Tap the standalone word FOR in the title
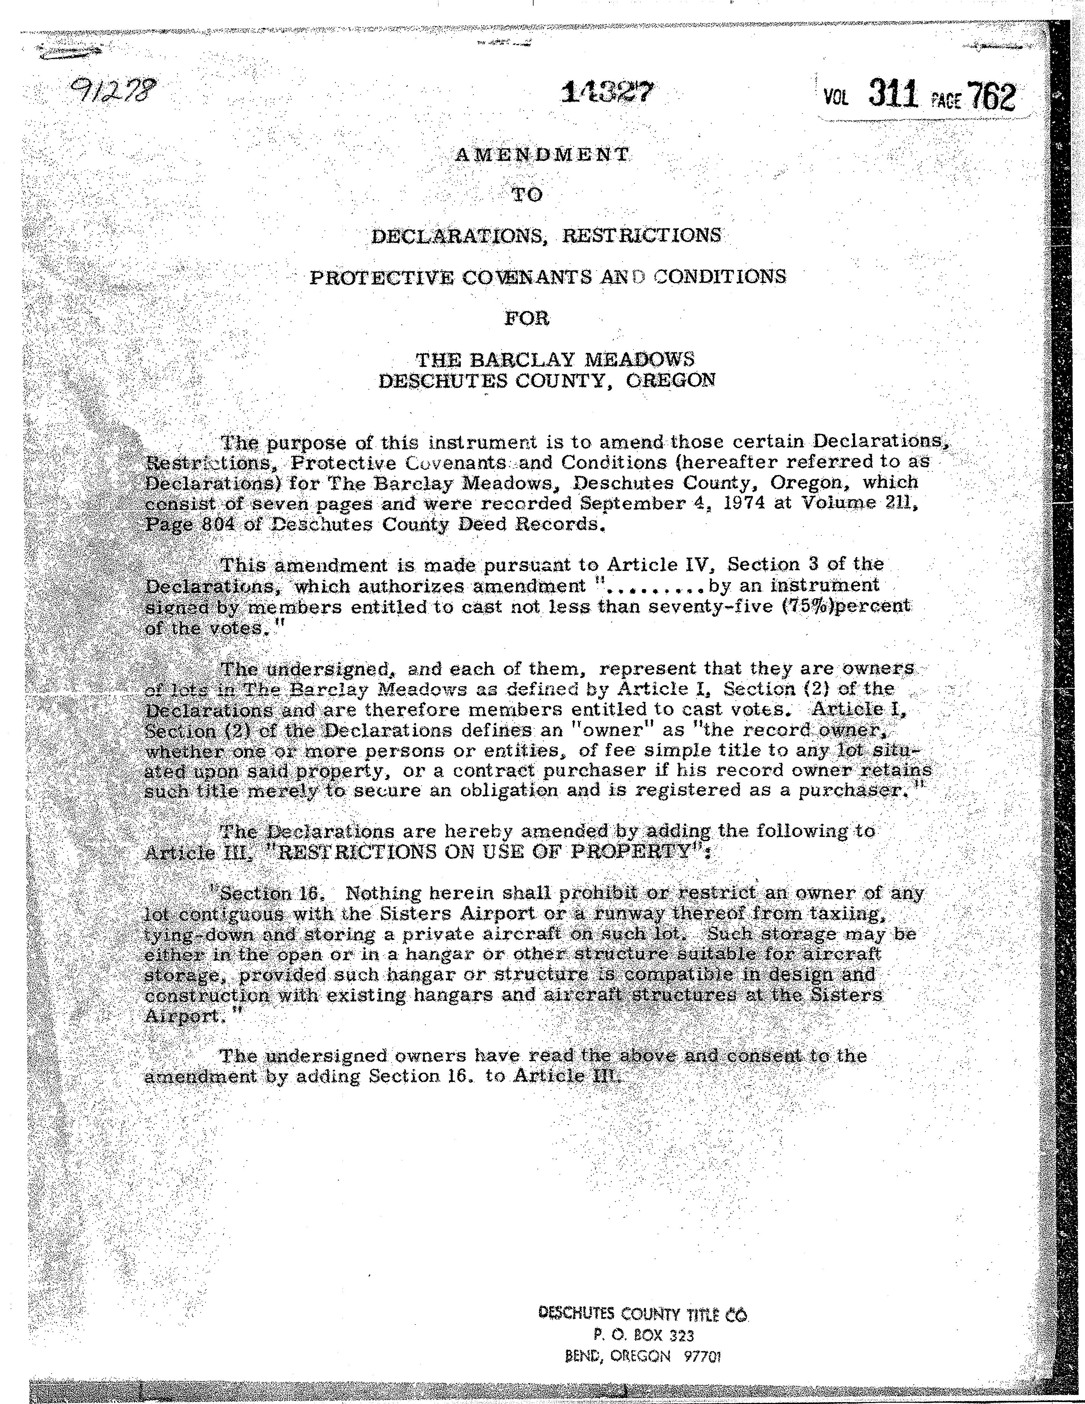click(x=527, y=318)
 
